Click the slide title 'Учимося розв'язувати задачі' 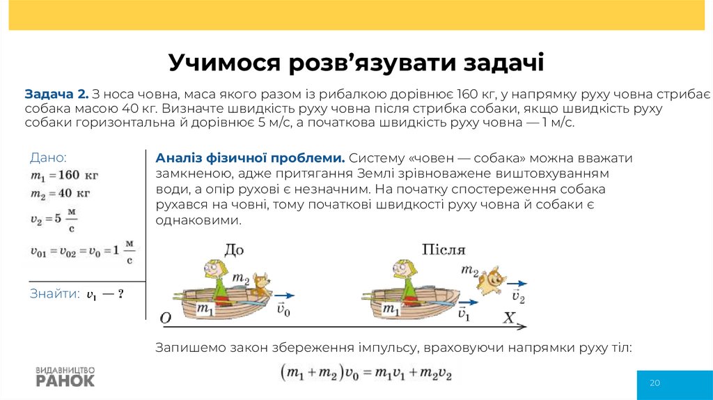click(356, 63)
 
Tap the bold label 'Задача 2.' click(56, 94)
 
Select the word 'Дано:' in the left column click(49, 157)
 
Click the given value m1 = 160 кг click(64, 175)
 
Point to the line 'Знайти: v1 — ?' click(77, 294)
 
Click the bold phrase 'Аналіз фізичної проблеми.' click(251, 157)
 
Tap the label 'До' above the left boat click(235, 249)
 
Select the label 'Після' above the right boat click(443, 249)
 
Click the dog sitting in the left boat click(260, 286)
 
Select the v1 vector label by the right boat click(464, 314)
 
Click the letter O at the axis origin click(166, 318)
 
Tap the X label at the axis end click(509, 318)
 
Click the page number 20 click(655, 383)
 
